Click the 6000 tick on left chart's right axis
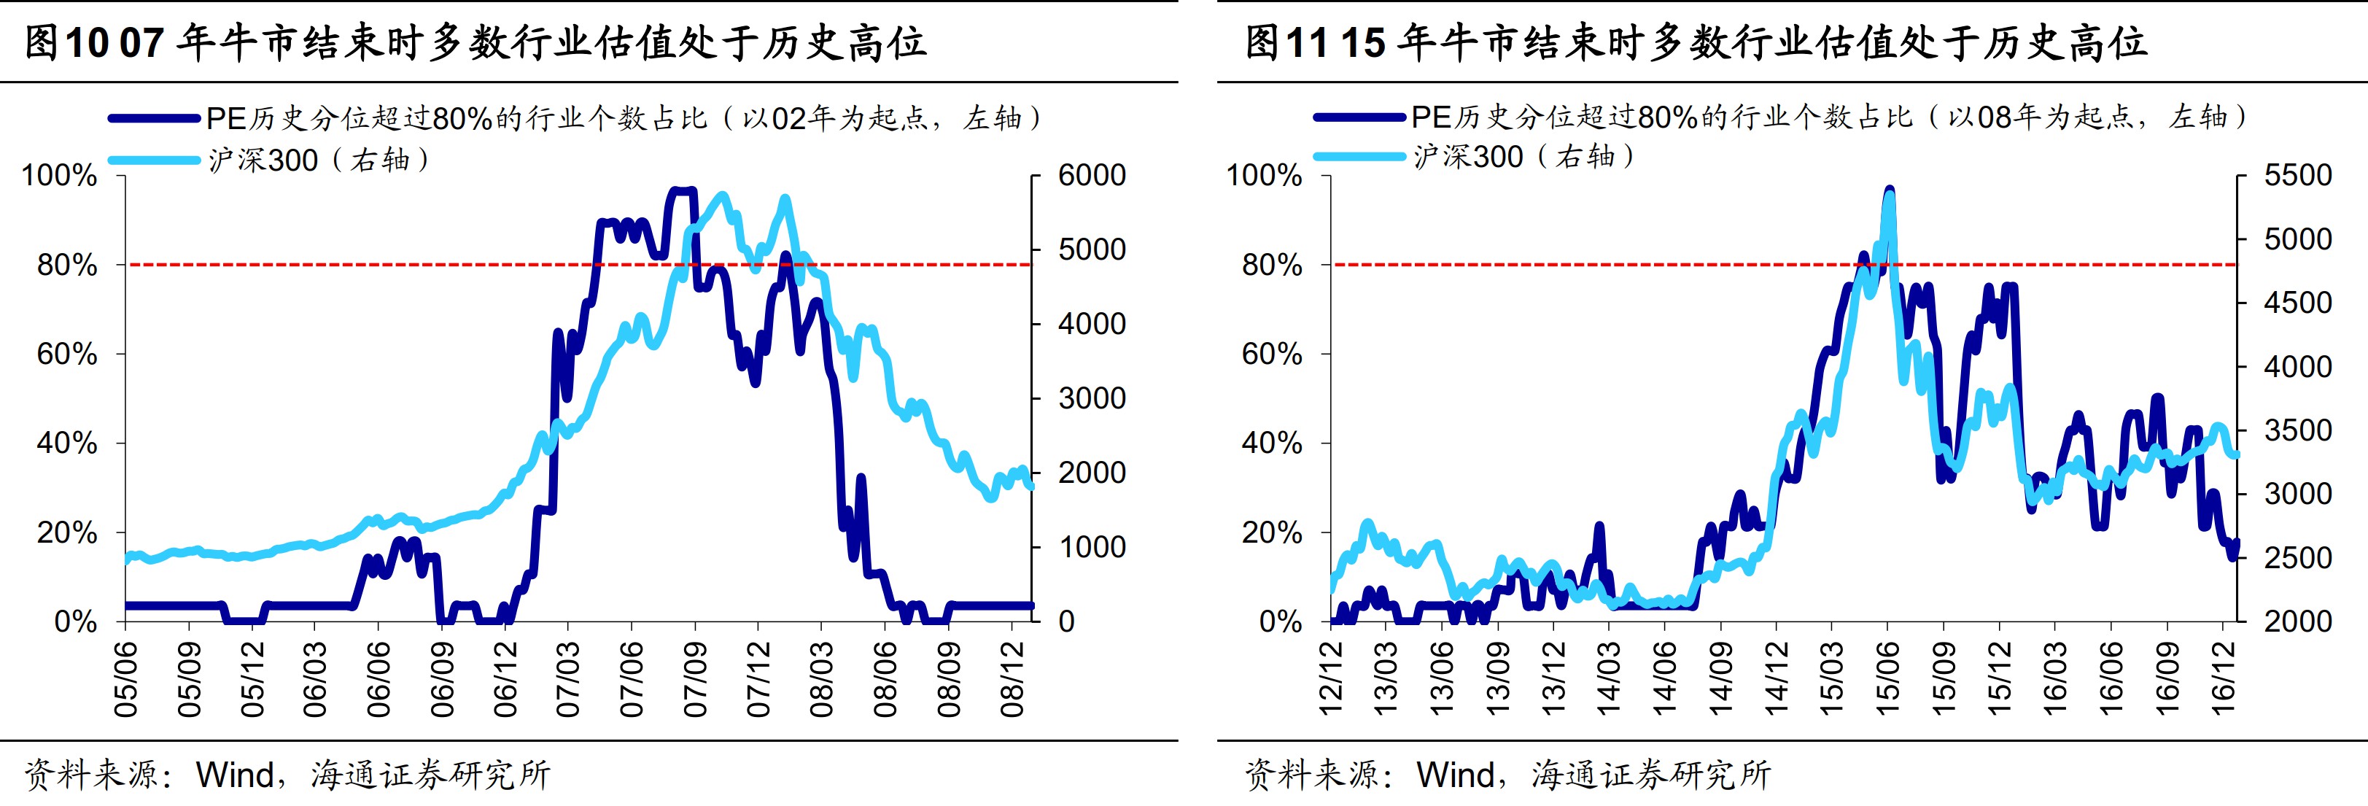point(1091,176)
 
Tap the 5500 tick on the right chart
point(2297,176)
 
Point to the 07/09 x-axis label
point(695,679)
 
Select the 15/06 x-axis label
point(1887,679)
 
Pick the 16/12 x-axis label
point(2223,679)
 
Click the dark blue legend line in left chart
point(154,117)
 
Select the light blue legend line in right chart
point(1359,156)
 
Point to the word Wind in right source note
point(1455,775)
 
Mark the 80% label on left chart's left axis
point(66,266)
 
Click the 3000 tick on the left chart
point(1091,399)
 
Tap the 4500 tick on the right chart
point(2297,303)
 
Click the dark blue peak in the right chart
point(1889,191)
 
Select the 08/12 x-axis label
point(1012,679)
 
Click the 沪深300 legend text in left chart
point(263,160)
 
